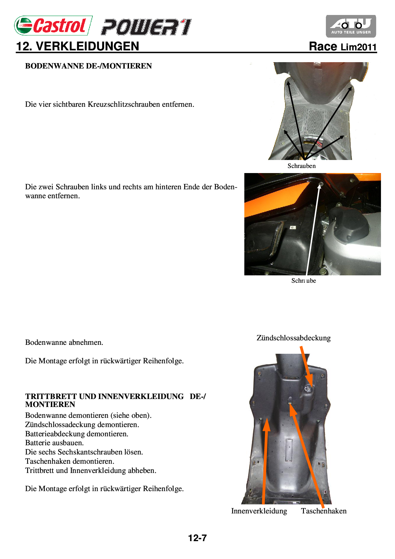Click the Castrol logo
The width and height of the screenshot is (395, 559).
coord(53,25)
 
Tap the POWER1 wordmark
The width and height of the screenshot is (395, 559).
coord(146,27)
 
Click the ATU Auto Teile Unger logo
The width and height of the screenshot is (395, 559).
coord(351,26)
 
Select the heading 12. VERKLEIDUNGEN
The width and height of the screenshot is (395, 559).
coord(78,47)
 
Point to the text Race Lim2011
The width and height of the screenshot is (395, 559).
coord(343,47)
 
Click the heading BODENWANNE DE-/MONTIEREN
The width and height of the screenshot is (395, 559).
coord(89,66)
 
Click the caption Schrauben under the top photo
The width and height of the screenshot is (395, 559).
coord(301,166)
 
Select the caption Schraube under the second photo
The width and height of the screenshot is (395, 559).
coord(304,281)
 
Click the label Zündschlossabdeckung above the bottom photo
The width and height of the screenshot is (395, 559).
coord(293,338)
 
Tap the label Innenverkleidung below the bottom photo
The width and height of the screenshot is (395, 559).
coord(259,511)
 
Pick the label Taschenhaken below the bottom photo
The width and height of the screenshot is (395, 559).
coord(324,511)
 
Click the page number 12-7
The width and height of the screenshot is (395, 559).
coord(197,538)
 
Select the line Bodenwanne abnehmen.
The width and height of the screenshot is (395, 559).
coord(64,343)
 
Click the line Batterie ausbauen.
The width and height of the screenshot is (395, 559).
coord(54,443)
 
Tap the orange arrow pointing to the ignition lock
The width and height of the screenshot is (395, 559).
coord(306,367)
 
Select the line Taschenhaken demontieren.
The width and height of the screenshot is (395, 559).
coord(69,461)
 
